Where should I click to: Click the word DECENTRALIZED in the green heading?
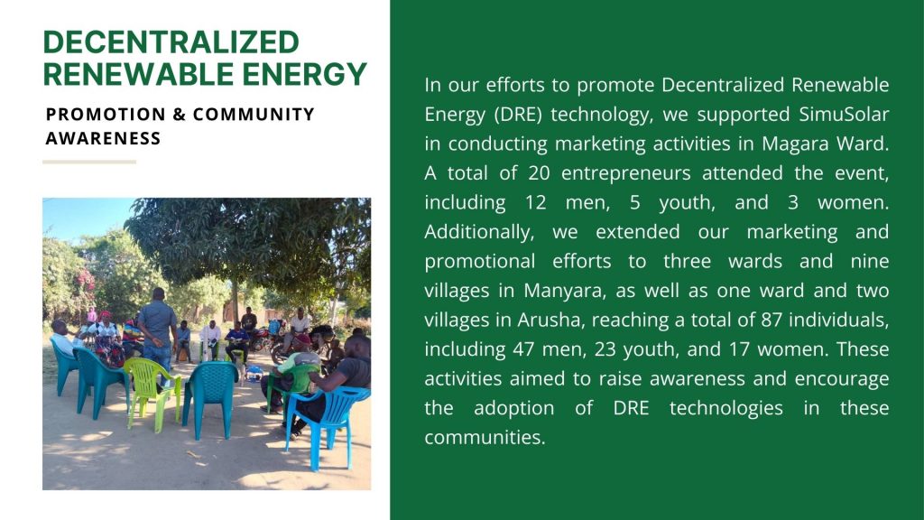pyautogui.click(x=171, y=42)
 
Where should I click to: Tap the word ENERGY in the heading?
pyautogui.click(x=305, y=74)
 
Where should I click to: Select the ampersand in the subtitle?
pyautogui.click(x=180, y=115)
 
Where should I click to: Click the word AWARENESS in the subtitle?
pyautogui.click(x=103, y=138)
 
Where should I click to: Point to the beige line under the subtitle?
pyautogui.click(x=89, y=162)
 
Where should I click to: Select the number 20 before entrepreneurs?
pyautogui.click(x=540, y=173)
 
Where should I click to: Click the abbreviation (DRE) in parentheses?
pyautogui.click(x=517, y=115)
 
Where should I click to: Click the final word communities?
pyautogui.click(x=485, y=438)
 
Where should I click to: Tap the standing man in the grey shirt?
pyautogui.click(x=157, y=332)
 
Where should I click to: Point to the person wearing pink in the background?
pyautogui.click(x=91, y=315)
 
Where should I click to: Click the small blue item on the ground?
pyautogui.click(x=254, y=373)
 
